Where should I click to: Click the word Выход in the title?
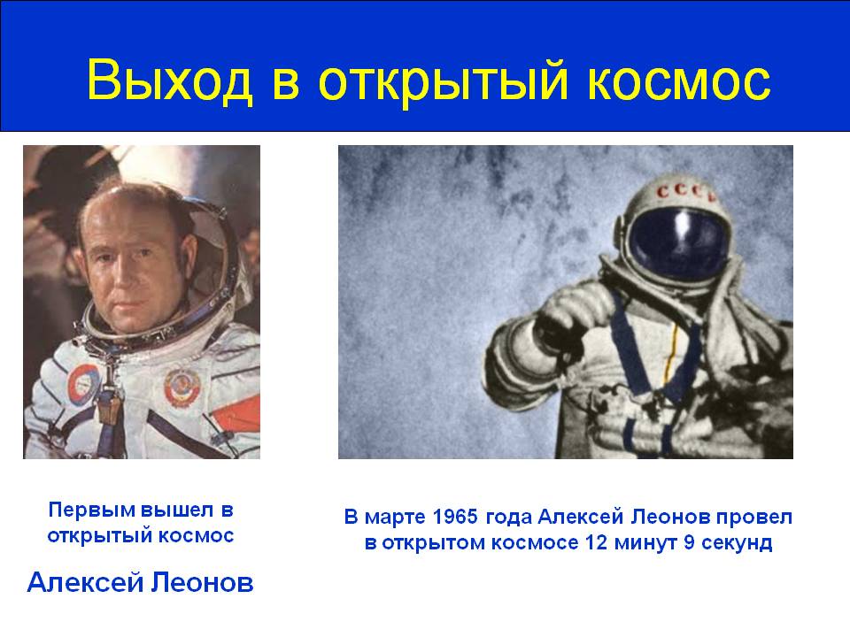coord(170,81)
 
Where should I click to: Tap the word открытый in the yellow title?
coord(443,81)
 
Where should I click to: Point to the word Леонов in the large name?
coord(202,583)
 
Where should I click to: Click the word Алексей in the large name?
coord(85,583)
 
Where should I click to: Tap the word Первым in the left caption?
coord(91,510)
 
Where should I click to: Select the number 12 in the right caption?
coord(596,542)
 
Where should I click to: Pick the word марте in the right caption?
coord(396,518)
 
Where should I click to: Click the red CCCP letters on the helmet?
coord(684,192)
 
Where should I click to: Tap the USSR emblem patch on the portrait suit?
coord(182,387)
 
